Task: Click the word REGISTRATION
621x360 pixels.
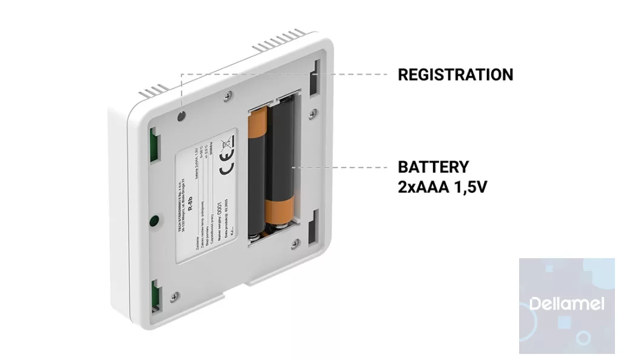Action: coord(455,75)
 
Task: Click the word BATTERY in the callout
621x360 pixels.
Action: coord(433,167)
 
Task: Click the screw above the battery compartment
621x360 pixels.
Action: coord(227,95)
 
